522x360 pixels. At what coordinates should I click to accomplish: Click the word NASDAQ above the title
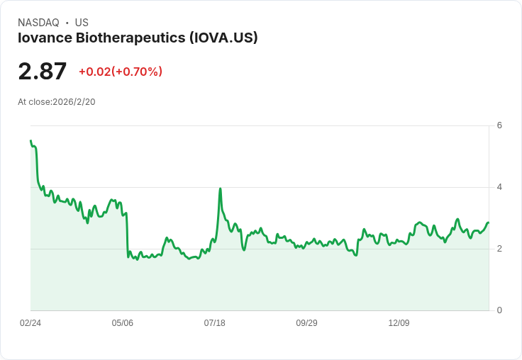[x=38, y=23]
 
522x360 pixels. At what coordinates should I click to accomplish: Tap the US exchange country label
[x=82, y=23]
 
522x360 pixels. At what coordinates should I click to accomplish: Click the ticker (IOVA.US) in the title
[x=223, y=38]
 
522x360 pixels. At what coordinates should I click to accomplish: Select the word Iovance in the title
[x=45, y=38]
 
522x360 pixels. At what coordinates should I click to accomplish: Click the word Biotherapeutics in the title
[x=130, y=38]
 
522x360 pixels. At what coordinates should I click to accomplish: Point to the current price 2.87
[x=43, y=71]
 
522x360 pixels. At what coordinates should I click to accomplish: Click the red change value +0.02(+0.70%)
[x=121, y=72]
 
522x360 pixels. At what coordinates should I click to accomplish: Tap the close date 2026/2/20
[x=74, y=102]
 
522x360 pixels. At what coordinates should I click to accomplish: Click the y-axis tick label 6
[x=499, y=125]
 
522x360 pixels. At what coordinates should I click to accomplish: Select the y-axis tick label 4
[x=499, y=187]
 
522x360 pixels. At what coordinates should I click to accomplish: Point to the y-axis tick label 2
[x=499, y=249]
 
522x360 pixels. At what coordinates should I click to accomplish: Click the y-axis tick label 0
[x=499, y=310]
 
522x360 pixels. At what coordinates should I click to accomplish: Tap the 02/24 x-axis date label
[x=30, y=323]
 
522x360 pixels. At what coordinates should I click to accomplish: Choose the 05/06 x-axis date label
[x=123, y=323]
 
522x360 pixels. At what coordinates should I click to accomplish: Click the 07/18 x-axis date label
[x=215, y=323]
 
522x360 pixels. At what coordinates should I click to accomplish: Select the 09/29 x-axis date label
[x=306, y=323]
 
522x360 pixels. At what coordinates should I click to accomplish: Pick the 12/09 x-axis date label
[x=399, y=323]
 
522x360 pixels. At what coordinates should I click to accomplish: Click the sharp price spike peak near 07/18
[x=220, y=189]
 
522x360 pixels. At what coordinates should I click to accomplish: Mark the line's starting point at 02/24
[x=31, y=141]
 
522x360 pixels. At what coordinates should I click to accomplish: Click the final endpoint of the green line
[x=489, y=223]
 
